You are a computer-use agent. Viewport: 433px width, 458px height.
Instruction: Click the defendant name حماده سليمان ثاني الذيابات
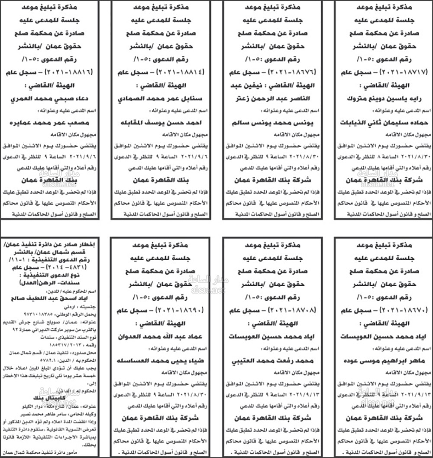click(383, 122)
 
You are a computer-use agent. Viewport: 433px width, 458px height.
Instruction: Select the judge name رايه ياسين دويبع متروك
click(383, 98)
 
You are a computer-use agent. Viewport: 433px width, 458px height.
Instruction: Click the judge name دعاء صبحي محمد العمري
click(50, 98)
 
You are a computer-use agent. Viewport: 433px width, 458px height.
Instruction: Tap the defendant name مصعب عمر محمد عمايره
click(50, 122)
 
